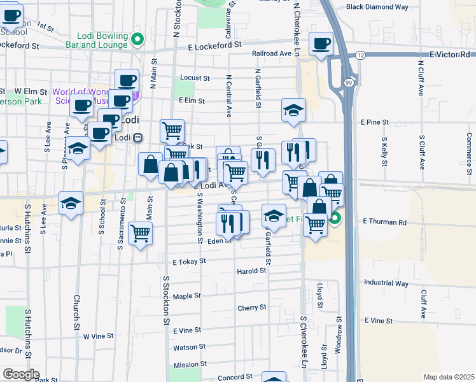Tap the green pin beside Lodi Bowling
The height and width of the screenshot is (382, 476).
[x=137, y=40]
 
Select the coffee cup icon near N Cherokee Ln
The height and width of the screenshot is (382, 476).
[x=321, y=44]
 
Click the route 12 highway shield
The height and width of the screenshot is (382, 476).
[x=360, y=55]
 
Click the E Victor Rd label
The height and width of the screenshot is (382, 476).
[x=449, y=55]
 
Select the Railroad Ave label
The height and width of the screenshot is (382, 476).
[x=270, y=55]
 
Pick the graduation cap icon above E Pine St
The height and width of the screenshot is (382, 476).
[x=293, y=111]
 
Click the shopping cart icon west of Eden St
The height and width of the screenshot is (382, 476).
[x=141, y=233]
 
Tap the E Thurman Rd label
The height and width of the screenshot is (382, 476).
[x=384, y=222]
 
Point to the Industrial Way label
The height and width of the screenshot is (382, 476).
[x=386, y=282]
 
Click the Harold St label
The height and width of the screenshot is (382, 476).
[x=251, y=271]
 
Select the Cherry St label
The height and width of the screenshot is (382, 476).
[x=251, y=308]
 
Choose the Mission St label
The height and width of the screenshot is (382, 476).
[x=186, y=365]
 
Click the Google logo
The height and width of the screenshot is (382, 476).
[x=21, y=374]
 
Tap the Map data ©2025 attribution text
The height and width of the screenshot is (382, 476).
[x=449, y=377]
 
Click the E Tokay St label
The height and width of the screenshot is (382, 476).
[x=189, y=261]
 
